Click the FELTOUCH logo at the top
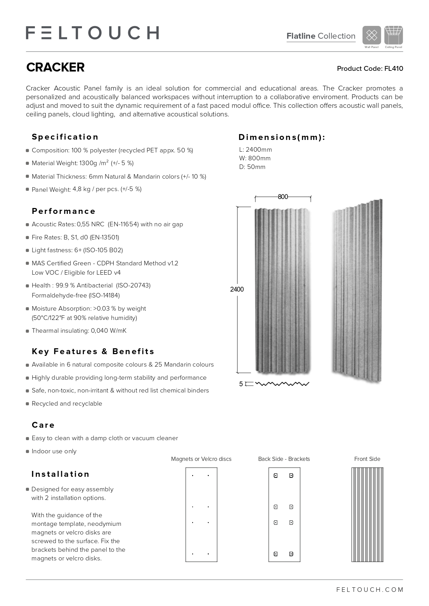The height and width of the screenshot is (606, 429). point(92,33)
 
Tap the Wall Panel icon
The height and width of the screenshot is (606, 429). point(372,35)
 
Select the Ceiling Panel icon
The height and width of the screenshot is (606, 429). point(393,35)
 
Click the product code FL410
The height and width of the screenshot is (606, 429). point(370,68)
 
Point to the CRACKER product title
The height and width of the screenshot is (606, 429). point(55,67)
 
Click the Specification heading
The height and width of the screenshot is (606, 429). point(65,137)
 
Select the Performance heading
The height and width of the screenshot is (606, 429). point(64,211)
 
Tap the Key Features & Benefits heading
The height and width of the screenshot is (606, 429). point(93,351)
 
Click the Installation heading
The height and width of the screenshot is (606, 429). point(60,474)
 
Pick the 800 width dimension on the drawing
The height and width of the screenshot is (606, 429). point(283,197)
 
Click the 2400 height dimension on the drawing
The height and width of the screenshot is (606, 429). point(237,289)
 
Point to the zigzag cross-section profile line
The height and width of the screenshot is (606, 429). point(282,384)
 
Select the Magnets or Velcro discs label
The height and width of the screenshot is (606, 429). point(201,459)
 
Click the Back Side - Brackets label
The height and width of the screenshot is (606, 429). point(284,459)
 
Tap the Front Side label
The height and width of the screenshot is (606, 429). point(367,459)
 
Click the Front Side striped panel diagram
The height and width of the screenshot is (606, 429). point(367,514)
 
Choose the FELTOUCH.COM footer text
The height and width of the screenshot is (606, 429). point(370,590)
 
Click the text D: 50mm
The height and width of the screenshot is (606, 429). point(252,167)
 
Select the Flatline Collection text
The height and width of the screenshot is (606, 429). point(321,36)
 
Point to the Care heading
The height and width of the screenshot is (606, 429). point(43,425)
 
